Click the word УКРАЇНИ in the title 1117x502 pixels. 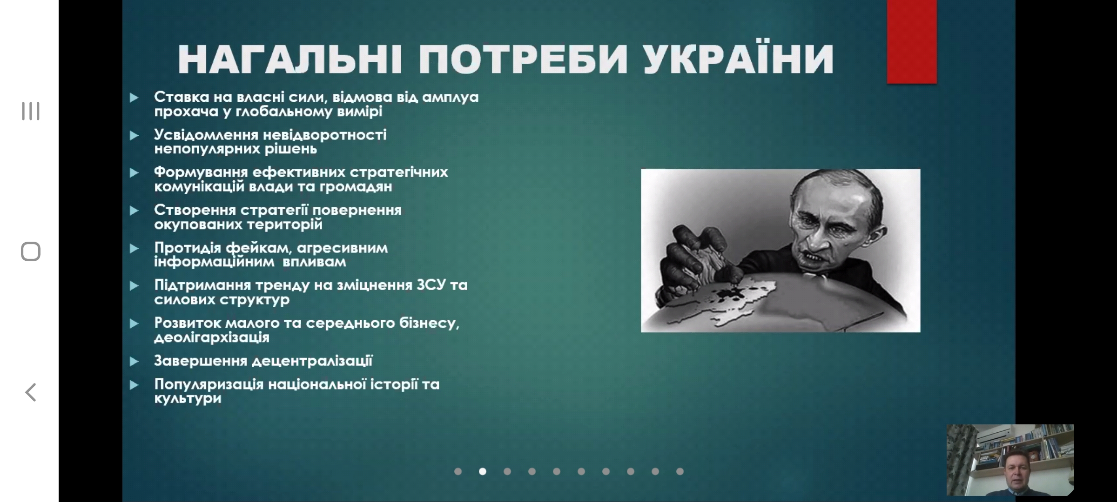[x=739, y=59]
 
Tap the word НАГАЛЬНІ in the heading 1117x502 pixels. [x=289, y=59]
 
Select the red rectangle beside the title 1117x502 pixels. [x=912, y=42]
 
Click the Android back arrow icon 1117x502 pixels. [x=31, y=392]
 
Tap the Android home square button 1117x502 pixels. [x=31, y=251]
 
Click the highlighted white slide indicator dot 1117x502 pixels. [x=483, y=471]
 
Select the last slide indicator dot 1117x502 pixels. [x=680, y=471]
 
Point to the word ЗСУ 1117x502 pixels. [x=429, y=285]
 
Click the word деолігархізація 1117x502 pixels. [x=212, y=337]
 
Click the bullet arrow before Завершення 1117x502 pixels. [x=134, y=361]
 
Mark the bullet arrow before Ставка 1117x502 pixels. [x=134, y=98]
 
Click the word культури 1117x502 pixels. [x=188, y=399]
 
